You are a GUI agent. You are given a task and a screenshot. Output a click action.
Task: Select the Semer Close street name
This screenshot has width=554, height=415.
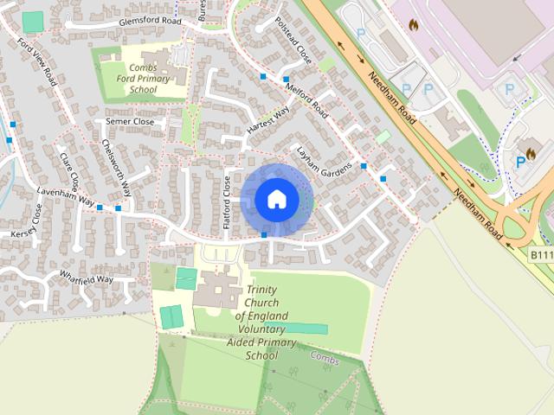click(x=130, y=122)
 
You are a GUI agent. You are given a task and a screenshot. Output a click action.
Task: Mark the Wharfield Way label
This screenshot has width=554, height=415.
click(x=87, y=278)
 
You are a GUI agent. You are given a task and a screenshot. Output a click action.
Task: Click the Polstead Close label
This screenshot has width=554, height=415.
click(x=292, y=41)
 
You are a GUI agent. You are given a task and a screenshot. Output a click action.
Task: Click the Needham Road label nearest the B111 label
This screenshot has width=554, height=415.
click(x=471, y=205)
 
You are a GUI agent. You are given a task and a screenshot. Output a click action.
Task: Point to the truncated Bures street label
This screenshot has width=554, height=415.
click(x=203, y=10)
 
